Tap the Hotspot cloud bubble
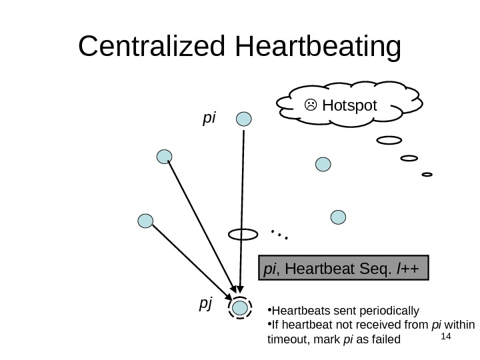tap(349, 104)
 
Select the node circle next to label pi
tap(245, 119)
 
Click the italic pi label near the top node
tap(209, 118)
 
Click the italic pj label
tap(205, 304)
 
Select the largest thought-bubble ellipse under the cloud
tap(389, 141)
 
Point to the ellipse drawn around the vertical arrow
tap(243, 234)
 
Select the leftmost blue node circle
tap(145, 221)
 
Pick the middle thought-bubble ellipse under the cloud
tap(409, 159)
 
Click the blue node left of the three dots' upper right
tap(339, 217)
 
